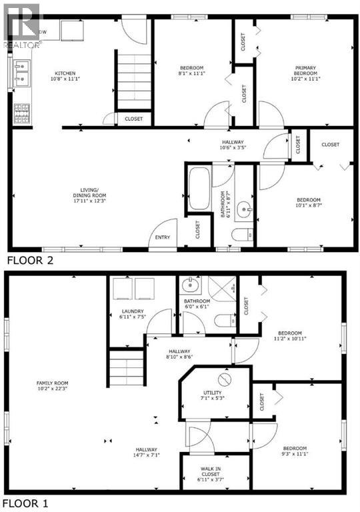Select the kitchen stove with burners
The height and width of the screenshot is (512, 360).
21,113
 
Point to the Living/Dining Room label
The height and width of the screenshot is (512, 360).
90,192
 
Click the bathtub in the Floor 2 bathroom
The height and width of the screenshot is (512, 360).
199,189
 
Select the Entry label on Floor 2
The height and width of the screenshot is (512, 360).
162,237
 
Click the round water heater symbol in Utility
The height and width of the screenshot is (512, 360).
223,379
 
